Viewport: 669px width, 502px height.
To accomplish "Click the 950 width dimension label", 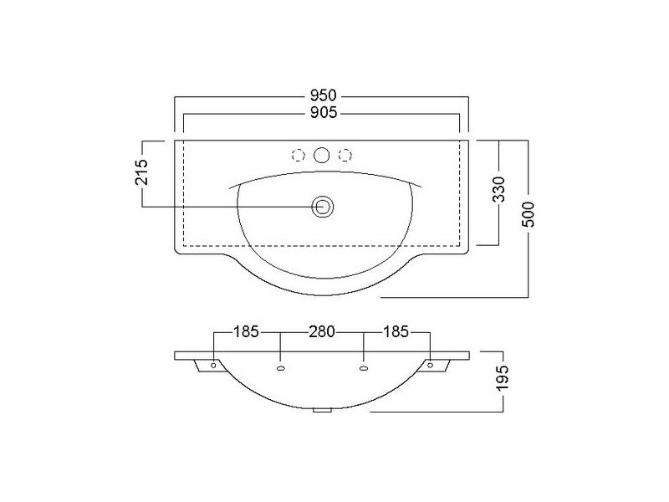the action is tap(323, 95).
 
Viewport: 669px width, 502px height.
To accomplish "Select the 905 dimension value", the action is tap(323, 113).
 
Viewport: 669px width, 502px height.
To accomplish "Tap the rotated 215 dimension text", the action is tap(141, 172).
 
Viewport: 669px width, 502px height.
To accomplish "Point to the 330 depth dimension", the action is tap(498, 190).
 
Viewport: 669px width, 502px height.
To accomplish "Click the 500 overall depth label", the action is tap(529, 214).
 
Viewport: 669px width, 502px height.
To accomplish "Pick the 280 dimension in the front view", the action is tap(322, 331).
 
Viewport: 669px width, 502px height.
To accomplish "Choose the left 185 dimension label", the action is tap(246, 331).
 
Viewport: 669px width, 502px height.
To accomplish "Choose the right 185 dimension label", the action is tap(396, 331).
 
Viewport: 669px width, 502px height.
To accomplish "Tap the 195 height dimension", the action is tap(503, 377).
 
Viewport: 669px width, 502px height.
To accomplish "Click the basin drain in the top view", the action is tap(323, 207).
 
